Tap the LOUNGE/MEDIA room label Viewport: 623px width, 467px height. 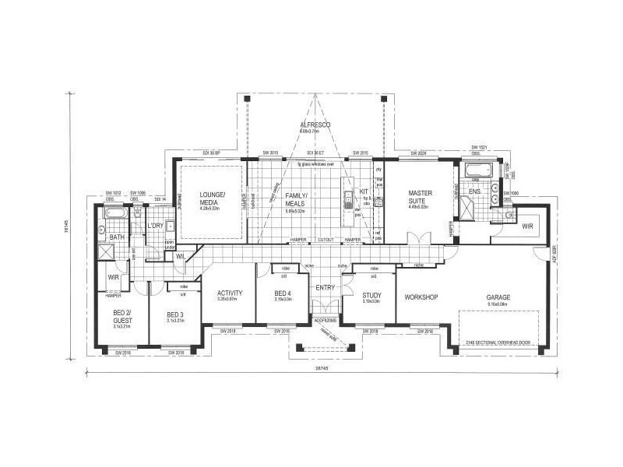pos(212,198)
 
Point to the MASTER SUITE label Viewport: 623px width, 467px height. pos(420,197)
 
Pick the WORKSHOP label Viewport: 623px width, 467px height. pos(421,297)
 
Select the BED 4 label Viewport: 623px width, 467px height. pos(283,293)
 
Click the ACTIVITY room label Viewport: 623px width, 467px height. pos(231,293)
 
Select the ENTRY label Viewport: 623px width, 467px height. pos(325,288)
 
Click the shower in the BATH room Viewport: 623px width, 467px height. pos(107,253)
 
